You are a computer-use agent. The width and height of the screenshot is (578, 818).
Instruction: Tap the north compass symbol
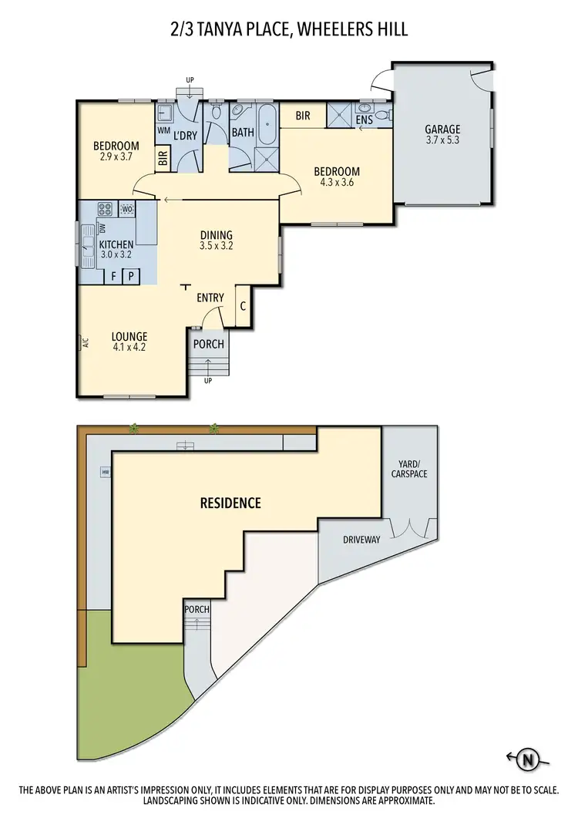pyautogui.click(x=529, y=759)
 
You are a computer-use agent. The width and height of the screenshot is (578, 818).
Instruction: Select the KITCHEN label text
pyautogui.click(x=116, y=245)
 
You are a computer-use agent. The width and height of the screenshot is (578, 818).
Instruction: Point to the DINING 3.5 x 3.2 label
pyautogui.click(x=216, y=241)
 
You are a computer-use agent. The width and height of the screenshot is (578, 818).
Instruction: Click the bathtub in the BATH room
pyautogui.click(x=267, y=125)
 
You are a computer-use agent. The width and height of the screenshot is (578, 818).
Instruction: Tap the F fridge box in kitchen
pyautogui.click(x=113, y=275)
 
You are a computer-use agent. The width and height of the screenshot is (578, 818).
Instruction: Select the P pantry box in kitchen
pyautogui.click(x=131, y=275)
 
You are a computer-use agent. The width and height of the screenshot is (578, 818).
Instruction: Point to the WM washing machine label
pyautogui.click(x=163, y=131)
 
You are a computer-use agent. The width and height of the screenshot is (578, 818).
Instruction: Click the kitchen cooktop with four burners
pyautogui.click(x=105, y=209)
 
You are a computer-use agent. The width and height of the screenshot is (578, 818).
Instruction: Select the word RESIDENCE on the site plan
pyautogui.click(x=230, y=503)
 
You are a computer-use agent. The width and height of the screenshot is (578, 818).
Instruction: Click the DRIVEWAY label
pyautogui.click(x=361, y=540)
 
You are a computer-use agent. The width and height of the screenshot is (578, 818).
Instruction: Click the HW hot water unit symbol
pyautogui.click(x=104, y=472)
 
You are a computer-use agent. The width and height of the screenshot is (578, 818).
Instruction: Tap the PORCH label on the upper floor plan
pyautogui.click(x=209, y=345)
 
